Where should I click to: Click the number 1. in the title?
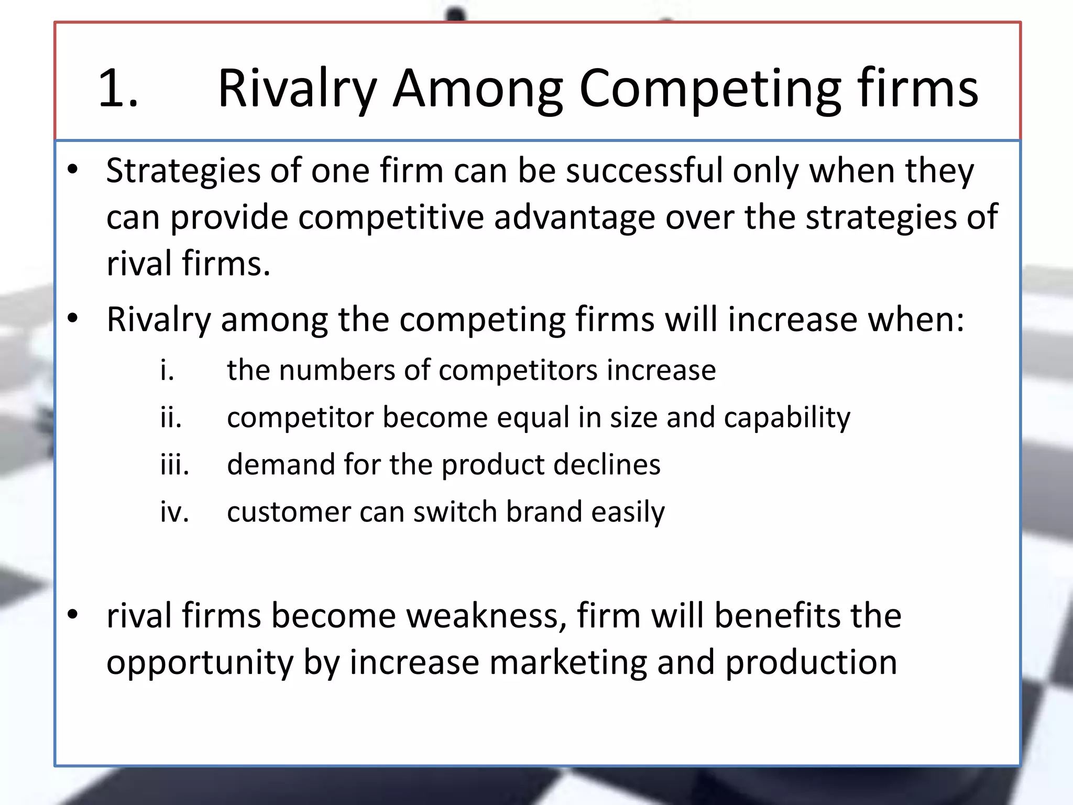click(x=118, y=89)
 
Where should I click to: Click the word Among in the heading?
click(x=477, y=89)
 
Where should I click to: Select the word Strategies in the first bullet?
click(x=183, y=172)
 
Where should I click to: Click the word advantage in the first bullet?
click(x=574, y=218)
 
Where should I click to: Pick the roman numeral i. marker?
click(x=167, y=371)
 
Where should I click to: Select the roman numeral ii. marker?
click(x=171, y=418)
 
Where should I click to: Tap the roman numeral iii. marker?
click(x=174, y=465)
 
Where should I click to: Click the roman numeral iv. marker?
click(x=174, y=512)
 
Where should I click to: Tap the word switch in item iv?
click(x=455, y=512)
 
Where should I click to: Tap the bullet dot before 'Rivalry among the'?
click(x=73, y=318)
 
